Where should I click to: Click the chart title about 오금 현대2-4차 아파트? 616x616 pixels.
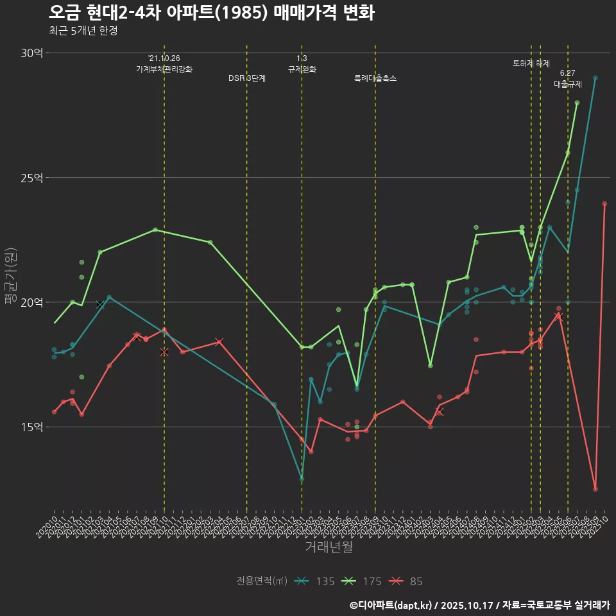point(211,12)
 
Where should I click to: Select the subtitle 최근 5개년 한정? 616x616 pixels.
point(83,30)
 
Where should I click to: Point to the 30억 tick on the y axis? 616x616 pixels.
point(31,53)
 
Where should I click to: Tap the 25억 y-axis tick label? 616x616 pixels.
point(31,177)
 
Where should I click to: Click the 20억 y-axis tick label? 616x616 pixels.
point(31,302)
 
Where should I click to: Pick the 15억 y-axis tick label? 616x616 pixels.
point(31,427)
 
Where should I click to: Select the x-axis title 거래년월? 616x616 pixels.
point(329,547)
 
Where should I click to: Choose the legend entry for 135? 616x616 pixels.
point(315,581)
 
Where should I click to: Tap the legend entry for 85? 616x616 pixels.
point(407,581)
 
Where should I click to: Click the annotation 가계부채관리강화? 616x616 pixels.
point(164,69)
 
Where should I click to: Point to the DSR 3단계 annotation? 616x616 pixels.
point(247,78)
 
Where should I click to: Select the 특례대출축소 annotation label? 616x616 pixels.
point(375,78)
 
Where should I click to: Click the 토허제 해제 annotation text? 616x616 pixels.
point(531,64)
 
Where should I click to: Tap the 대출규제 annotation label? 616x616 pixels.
point(568,84)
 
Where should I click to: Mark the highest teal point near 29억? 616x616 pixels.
point(595,78)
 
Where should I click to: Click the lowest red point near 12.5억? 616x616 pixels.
point(595,489)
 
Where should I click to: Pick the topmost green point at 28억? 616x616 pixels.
point(577,103)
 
